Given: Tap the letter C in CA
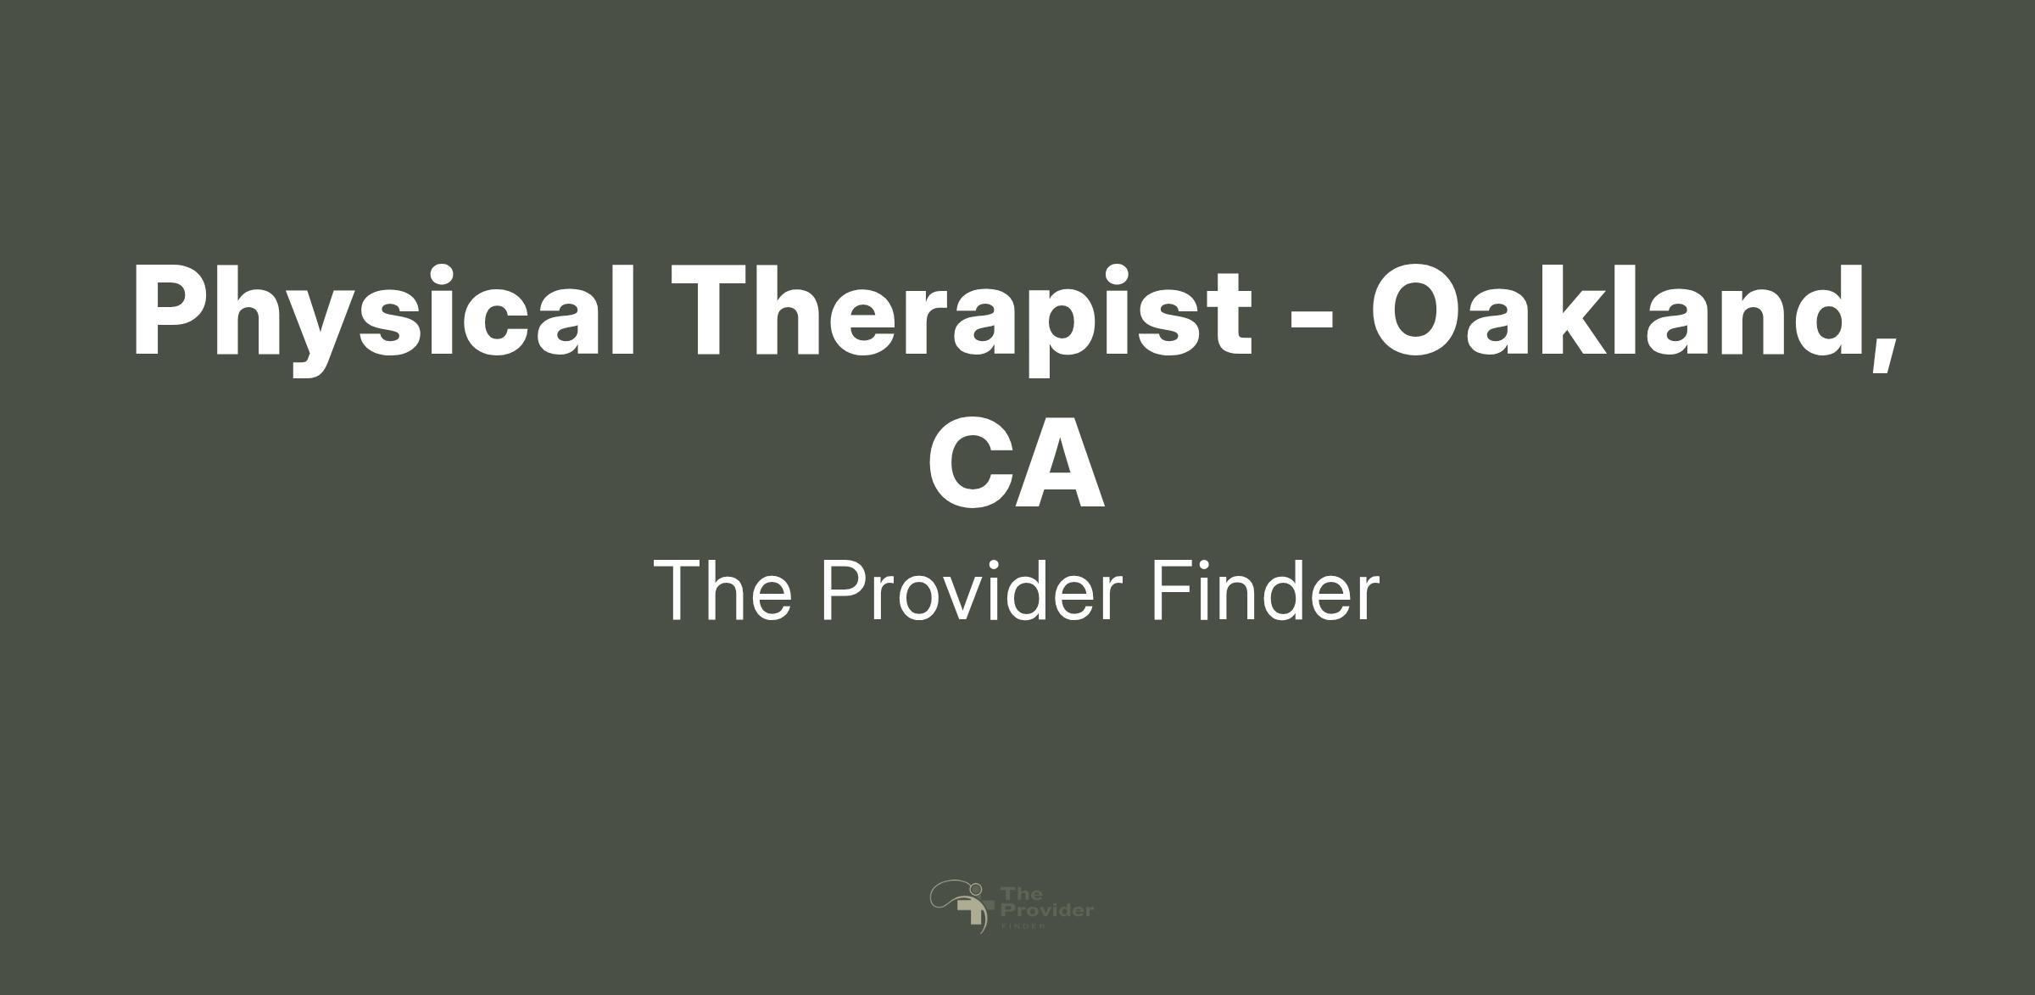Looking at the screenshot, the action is [x=969, y=462].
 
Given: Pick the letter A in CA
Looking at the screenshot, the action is [x=1060, y=462].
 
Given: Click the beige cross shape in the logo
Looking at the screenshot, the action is [x=973, y=912].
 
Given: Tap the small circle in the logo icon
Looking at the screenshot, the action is [x=976, y=888].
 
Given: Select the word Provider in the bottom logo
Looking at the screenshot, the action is [x=1047, y=910].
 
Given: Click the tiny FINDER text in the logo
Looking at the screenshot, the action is [x=1022, y=926].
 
